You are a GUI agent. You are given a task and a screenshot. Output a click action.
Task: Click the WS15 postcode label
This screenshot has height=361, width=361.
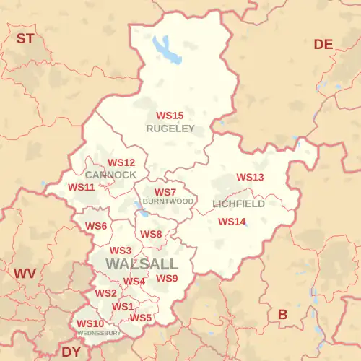[170, 116]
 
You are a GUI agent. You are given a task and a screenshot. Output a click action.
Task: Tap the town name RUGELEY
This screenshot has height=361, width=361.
[170, 129]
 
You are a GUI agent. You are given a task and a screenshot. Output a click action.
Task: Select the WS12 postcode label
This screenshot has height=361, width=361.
[121, 163]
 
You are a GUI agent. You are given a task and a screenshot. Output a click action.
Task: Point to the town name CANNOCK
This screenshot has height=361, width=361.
[110, 175]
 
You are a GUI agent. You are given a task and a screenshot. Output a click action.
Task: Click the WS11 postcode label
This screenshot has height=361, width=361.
[82, 187]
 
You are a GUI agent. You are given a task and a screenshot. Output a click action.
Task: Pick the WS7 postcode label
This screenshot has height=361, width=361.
[165, 192]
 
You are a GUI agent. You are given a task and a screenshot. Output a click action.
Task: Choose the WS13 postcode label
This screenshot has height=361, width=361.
[251, 177]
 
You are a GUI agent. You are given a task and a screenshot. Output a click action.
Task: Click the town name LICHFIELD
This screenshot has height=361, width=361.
[239, 204]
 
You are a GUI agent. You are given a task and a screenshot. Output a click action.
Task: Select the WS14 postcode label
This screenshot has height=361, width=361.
[232, 222]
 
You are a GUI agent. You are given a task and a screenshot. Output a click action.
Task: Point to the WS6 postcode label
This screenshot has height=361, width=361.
[96, 227]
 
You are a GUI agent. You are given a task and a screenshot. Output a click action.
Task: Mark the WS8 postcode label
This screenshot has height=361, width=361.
[151, 235]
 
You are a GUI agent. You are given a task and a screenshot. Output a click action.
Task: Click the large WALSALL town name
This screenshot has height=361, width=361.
[142, 264]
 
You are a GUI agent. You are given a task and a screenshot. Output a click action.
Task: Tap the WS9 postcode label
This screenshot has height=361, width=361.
[167, 279]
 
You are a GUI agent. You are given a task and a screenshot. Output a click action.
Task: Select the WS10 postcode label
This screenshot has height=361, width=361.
[90, 323]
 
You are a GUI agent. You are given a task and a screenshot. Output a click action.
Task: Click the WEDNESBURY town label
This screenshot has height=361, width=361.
[100, 333]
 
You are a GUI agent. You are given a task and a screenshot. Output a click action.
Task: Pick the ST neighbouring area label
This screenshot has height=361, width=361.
[25, 38]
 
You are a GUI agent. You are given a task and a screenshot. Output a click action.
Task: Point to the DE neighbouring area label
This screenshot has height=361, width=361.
[323, 45]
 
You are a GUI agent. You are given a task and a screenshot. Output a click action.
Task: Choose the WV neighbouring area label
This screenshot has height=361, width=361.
[25, 274]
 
